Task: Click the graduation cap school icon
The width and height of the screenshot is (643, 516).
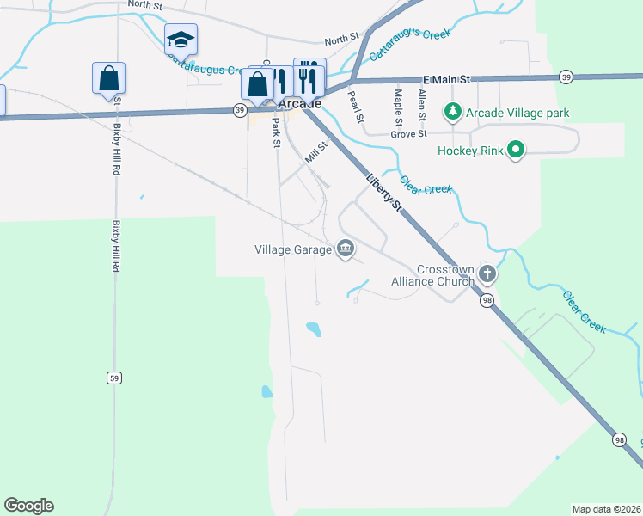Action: point(181,40)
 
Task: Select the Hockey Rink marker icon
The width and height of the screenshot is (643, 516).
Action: point(516,150)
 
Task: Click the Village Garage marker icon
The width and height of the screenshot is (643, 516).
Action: point(345,249)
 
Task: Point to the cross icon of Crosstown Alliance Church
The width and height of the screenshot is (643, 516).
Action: point(487,275)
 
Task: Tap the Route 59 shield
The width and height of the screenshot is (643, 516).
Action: point(113,378)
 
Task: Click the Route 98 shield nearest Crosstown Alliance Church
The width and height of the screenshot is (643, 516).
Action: point(487,300)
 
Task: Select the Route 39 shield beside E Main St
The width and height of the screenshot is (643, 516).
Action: point(565,77)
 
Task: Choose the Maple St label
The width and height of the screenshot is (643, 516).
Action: point(398,105)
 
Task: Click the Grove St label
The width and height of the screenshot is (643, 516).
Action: point(408,134)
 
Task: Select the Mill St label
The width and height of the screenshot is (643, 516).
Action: point(317,154)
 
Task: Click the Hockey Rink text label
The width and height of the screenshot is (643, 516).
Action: point(468,150)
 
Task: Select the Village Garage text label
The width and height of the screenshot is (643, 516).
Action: point(293,249)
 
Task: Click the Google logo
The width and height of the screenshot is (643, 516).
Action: point(28,506)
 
